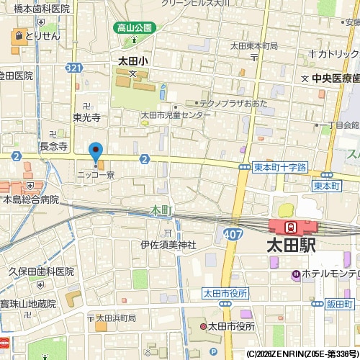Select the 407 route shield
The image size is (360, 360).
click(x=232, y=234)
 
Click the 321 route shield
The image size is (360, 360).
click(x=73, y=68)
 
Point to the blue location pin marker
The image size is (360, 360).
click(x=95, y=152)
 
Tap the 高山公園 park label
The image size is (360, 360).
click(x=134, y=28)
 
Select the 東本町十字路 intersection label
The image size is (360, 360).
click(x=280, y=167)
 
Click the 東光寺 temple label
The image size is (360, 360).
click(x=86, y=117)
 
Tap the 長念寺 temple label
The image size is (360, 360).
click(x=53, y=146)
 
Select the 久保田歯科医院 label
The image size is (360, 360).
click(x=41, y=271)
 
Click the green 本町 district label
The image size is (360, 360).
click(x=161, y=210)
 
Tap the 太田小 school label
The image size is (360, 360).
click(x=132, y=62)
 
